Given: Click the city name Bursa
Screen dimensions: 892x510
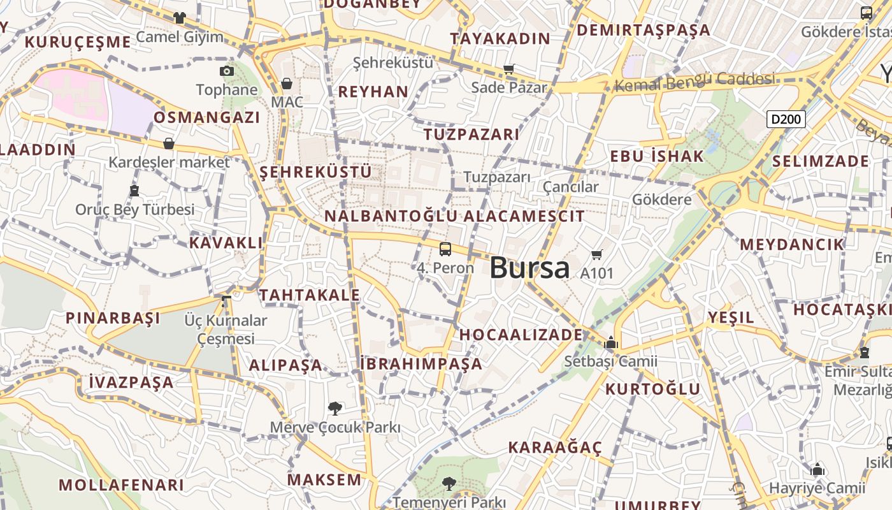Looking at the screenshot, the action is [529, 268].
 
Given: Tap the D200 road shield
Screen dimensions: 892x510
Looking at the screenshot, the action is [786, 119].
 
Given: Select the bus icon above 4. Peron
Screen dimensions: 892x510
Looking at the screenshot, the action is [445, 249].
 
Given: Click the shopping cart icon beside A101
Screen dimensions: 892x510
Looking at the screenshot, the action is [597, 255].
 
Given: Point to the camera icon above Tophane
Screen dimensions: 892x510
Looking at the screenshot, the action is [226, 71].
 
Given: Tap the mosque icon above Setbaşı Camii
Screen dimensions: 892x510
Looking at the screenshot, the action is [611, 343].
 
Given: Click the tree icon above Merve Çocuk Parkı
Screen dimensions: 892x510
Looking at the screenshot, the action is [334, 408].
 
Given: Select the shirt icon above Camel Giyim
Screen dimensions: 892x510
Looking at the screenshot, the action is [180, 18].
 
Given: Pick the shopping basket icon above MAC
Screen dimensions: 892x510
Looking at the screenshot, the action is [287, 84].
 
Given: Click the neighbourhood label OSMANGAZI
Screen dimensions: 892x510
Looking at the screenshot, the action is [207, 117].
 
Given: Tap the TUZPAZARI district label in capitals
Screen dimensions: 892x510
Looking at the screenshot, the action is [471, 135].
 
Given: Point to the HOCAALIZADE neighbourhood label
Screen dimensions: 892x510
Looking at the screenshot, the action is [521, 335].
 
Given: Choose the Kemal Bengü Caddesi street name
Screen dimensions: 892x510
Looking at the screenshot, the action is [696, 81].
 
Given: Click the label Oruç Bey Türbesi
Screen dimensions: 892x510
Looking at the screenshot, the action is [135, 209].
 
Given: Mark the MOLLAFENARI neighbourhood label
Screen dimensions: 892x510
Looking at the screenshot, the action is [121, 484].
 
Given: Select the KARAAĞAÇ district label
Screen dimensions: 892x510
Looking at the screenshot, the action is [555, 448].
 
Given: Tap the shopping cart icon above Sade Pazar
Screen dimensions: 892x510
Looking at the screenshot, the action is [508, 69].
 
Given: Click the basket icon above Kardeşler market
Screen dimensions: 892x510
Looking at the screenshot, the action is [169, 143].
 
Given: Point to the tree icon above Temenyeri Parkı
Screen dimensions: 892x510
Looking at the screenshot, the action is [449, 483].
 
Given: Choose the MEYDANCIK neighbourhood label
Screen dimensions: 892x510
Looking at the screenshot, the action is [792, 244].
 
